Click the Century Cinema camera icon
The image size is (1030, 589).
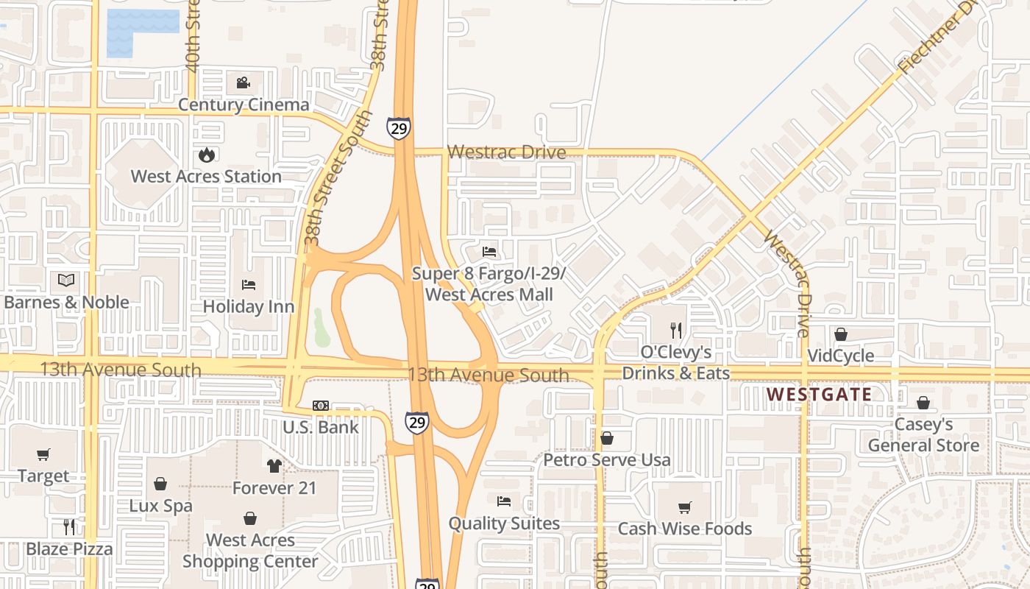tap(244, 82)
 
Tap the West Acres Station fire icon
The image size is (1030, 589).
tap(206, 155)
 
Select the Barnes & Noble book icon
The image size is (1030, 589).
tap(66, 280)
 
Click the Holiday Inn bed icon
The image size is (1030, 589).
tap(249, 285)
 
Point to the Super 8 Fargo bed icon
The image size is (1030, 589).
tap(489, 252)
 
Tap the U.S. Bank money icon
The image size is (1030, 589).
tap(321, 406)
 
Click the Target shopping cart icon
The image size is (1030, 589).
tap(43, 454)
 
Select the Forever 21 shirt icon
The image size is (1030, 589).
tap(274, 465)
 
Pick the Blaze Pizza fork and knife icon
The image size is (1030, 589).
tap(69, 526)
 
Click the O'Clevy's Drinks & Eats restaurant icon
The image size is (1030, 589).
tap(676, 330)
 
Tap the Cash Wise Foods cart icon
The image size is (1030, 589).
tap(685, 507)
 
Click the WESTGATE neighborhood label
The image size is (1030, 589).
tap(819, 395)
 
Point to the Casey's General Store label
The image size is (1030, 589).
tap(923, 435)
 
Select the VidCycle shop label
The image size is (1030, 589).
tap(840, 356)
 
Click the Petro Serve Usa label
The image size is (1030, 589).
tap(607, 460)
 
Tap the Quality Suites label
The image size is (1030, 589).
tap(504, 523)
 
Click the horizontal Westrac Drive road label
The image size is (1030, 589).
tap(507, 152)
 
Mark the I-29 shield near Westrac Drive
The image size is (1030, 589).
tap(398, 129)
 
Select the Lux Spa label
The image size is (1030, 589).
tap(160, 506)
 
